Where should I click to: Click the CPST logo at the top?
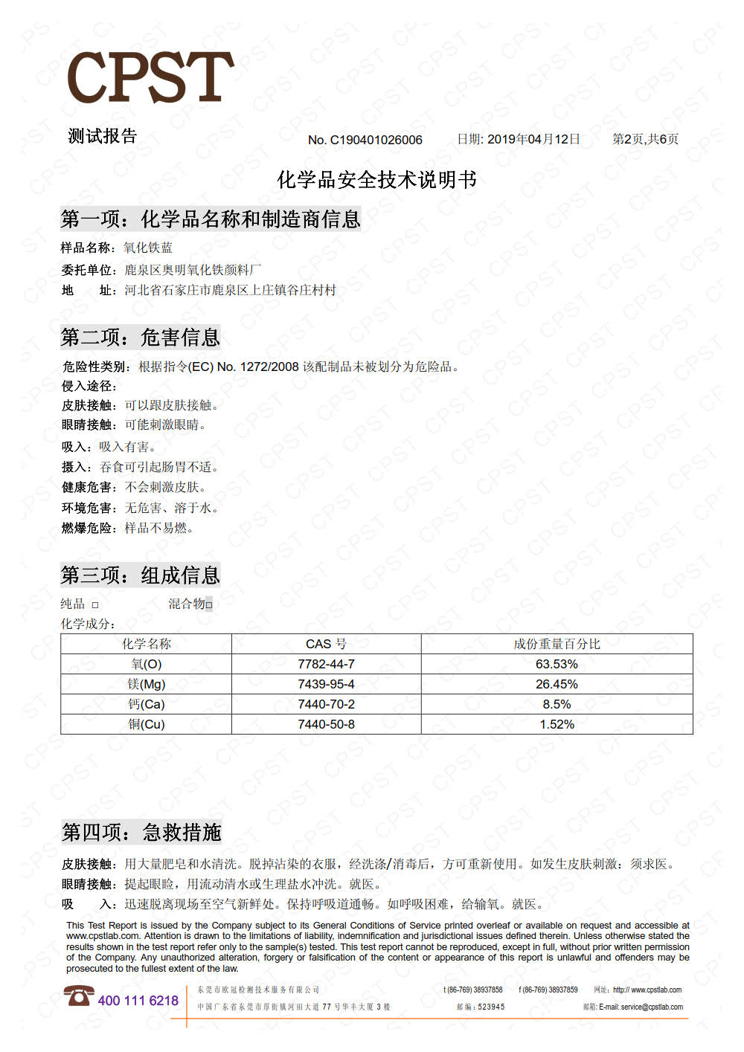click(x=150, y=77)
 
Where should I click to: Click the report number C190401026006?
click(x=376, y=140)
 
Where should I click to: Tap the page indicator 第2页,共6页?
click(x=645, y=139)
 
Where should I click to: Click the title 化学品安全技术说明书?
click(x=376, y=180)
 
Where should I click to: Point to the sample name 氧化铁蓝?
click(x=148, y=248)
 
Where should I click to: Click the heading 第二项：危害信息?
click(x=141, y=338)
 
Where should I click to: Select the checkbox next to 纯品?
click(x=95, y=605)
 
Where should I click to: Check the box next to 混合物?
click(x=209, y=605)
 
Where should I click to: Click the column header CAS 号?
click(x=326, y=644)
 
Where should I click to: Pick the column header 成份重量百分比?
click(x=557, y=644)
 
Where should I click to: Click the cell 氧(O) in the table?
click(x=146, y=664)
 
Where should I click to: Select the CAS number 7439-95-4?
click(x=326, y=684)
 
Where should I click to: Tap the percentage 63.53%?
click(x=557, y=664)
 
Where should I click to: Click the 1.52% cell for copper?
click(x=557, y=724)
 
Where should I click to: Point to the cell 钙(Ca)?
click(x=146, y=704)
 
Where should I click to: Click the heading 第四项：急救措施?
click(x=141, y=832)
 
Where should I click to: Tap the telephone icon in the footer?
click(x=78, y=995)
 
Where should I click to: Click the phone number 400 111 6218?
click(x=138, y=1001)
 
